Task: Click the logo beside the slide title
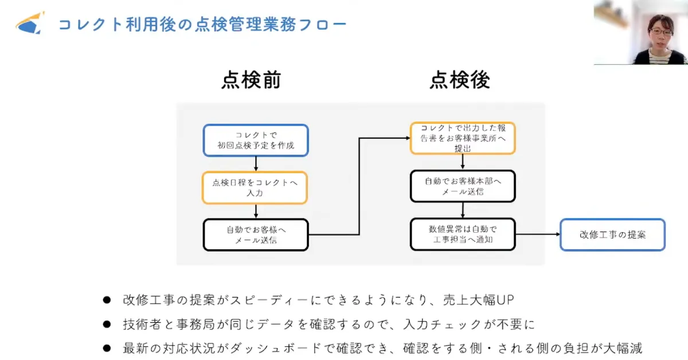30,23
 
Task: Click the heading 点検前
251,81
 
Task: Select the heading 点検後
460,81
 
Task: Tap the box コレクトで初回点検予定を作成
256,140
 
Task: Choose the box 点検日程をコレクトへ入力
255,188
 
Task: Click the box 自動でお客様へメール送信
256,235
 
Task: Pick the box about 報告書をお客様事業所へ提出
462,138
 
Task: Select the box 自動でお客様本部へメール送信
462,186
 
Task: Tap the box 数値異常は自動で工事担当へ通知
462,234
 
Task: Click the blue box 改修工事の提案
612,234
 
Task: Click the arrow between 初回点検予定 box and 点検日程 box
256,164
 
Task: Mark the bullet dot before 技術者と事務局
106,324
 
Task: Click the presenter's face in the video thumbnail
660,30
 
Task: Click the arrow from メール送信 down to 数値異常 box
462,210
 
